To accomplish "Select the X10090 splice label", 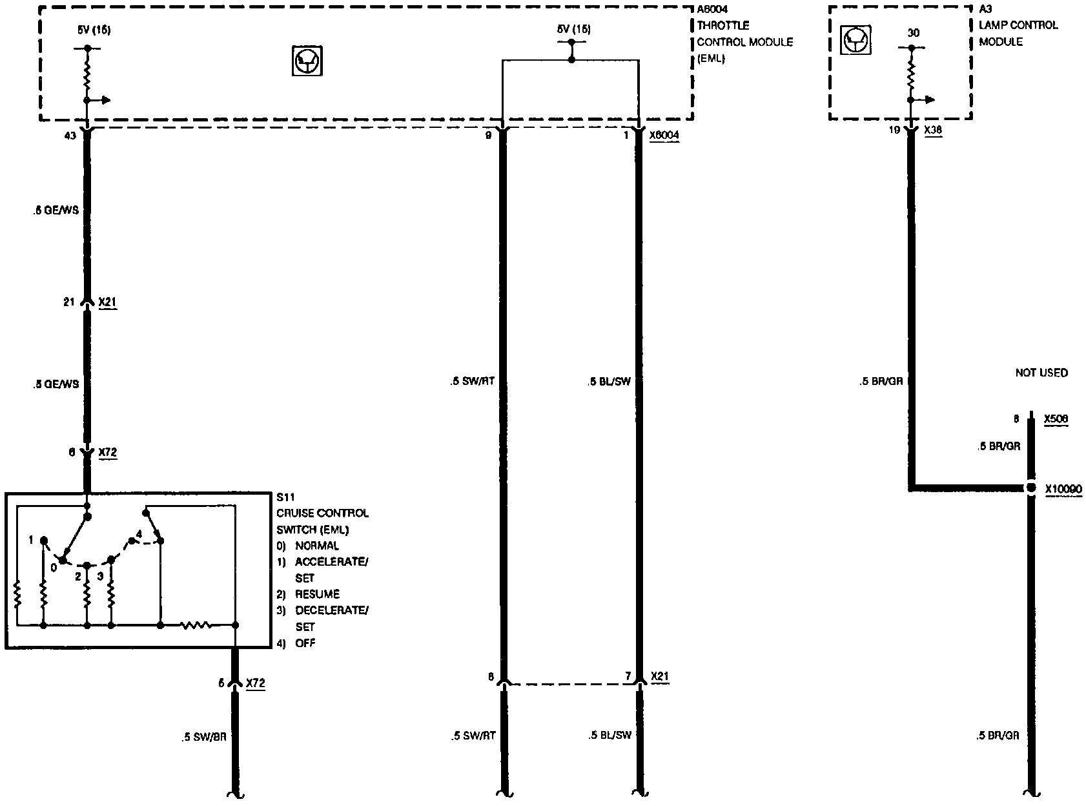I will [1063, 490].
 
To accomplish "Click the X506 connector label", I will [1056, 419].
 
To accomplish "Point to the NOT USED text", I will [1041, 373].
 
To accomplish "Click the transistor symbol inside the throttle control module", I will [307, 61].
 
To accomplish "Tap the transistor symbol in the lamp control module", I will [856, 41].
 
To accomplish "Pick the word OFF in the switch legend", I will [305, 643].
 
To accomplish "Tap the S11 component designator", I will [285, 497].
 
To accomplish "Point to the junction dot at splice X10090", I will [1031, 488].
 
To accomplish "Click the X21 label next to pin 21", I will [107, 302].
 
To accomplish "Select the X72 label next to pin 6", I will [107, 453].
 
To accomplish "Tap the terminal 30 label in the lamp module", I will [913, 33].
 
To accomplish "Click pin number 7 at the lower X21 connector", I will [628, 676].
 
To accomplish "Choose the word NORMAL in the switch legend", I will [317, 546].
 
